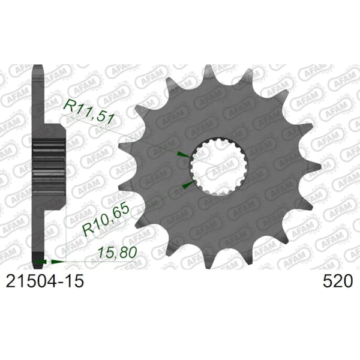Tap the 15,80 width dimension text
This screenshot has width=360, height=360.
(x=118, y=253)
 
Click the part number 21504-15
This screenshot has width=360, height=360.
(x=45, y=281)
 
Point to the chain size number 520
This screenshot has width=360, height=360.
(x=337, y=281)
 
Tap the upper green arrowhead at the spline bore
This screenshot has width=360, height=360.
(x=184, y=155)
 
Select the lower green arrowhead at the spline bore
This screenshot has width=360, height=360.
(x=188, y=184)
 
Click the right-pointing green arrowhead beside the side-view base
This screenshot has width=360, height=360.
(x=58, y=262)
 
